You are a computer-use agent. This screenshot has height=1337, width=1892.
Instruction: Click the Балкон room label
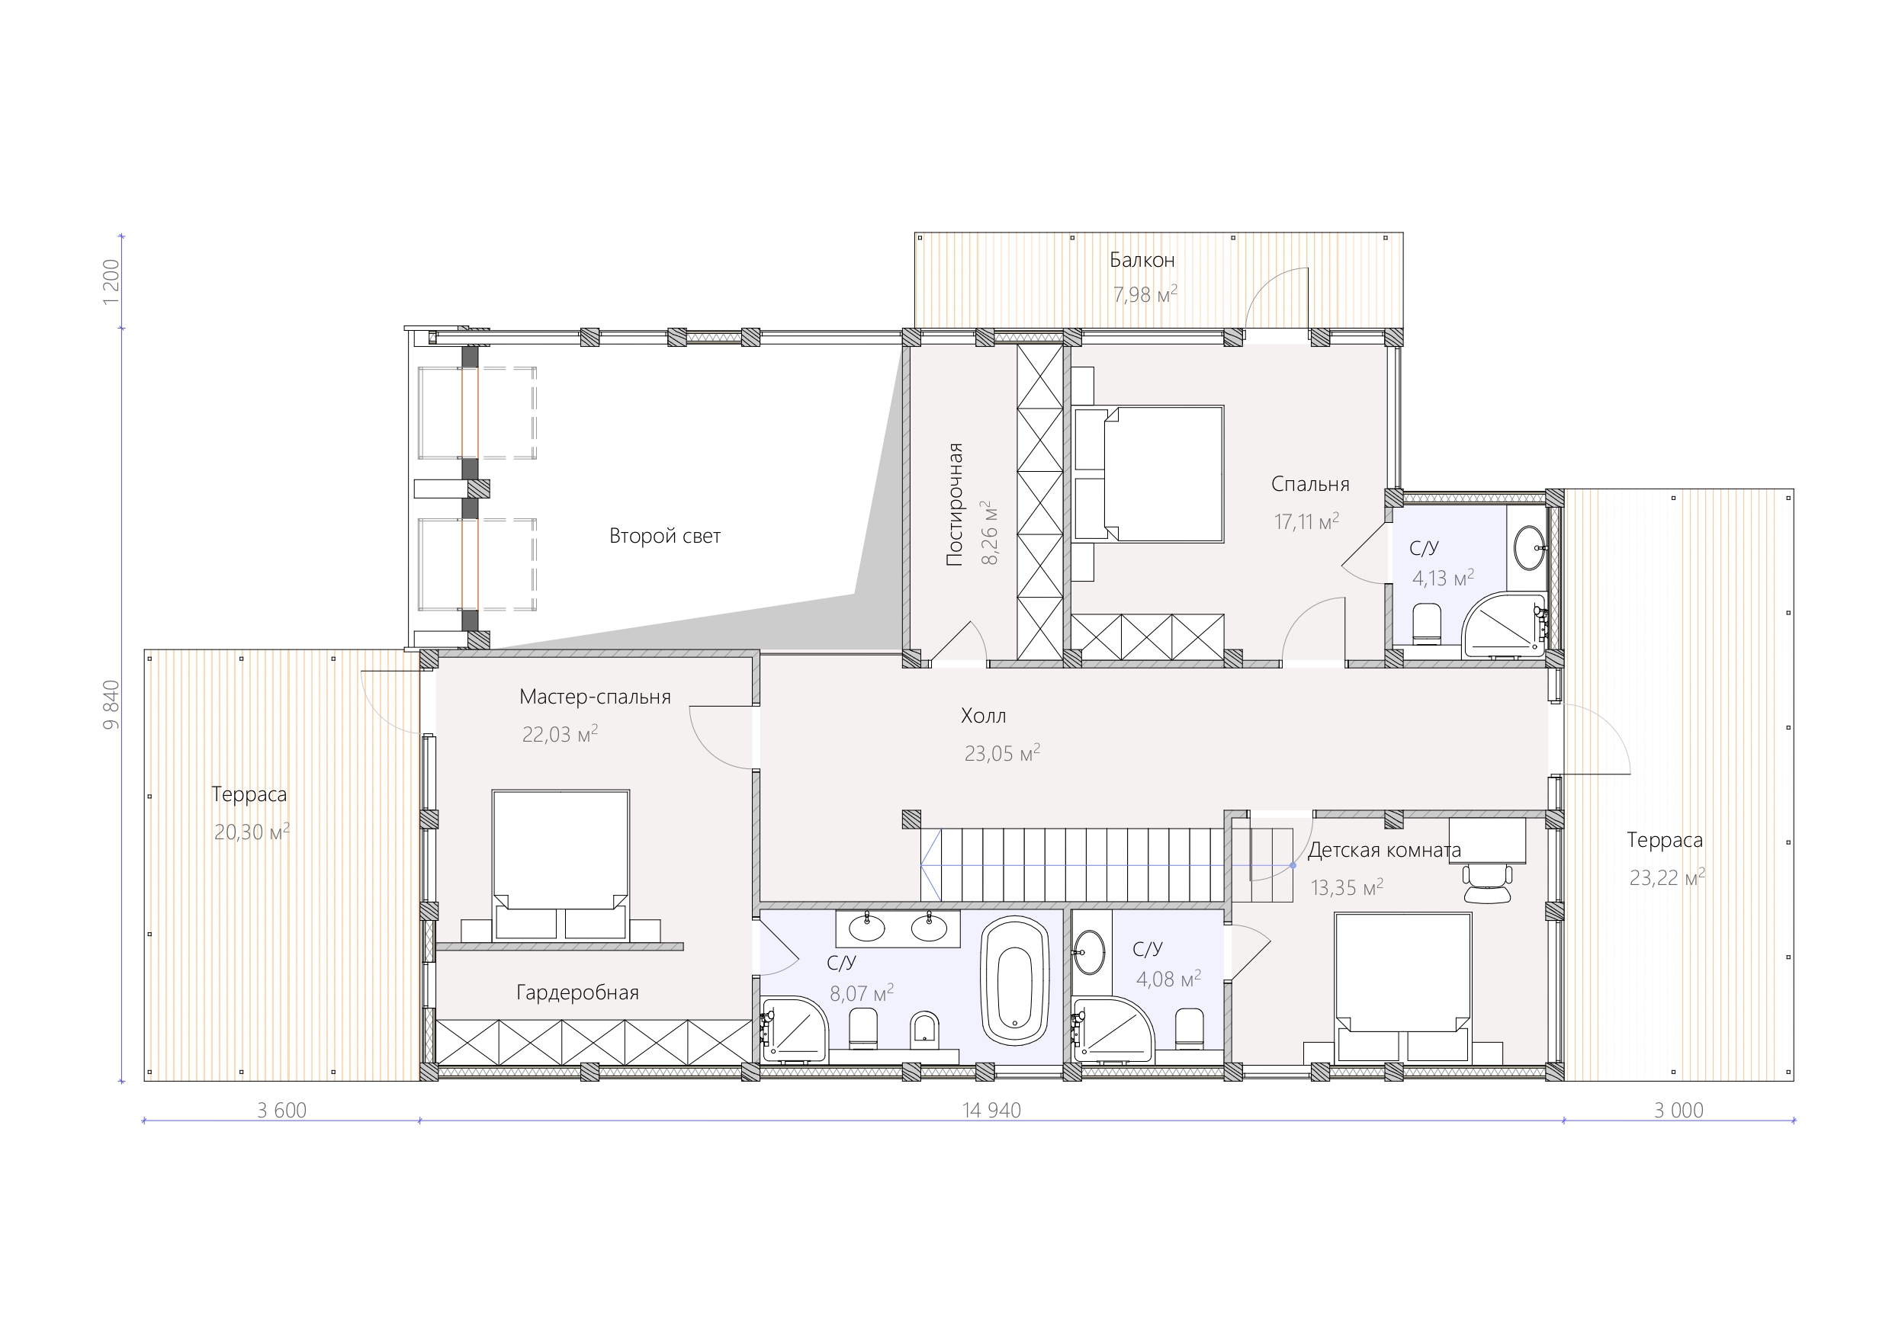pyautogui.click(x=1142, y=261)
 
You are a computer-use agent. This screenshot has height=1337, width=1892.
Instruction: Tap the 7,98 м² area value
pyautogui.click(x=1145, y=294)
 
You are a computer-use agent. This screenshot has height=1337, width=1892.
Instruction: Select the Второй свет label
pyautogui.click(x=665, y=537)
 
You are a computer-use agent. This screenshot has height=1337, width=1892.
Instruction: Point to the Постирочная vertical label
pyautogui.click(x=954, y=504)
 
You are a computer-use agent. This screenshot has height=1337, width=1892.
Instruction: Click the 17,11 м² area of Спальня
pyautogui.click(x=1306, y=521)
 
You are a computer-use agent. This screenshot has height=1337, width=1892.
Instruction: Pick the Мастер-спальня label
pyautogui.click(x=595, y=697)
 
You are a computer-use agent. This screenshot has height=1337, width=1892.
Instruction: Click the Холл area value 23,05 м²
pyautogui.click(x=1002, y=753)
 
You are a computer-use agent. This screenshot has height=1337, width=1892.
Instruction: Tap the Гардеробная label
pyautogui.click(x=577, y=992)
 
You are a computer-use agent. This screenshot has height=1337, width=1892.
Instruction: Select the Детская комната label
pyautogui.click(x=1384, y=850)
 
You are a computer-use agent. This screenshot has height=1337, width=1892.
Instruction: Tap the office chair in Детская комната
pyautogui.click(x=1487, y=883)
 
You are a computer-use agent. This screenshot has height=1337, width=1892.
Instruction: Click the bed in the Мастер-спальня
pyautogui.click(x=561, y=865)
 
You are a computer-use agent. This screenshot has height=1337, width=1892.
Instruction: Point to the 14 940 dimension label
pyautogui.click(x=991, y=1111)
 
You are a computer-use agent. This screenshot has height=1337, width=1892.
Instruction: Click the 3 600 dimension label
pyautogui.click(x=282, y=1111)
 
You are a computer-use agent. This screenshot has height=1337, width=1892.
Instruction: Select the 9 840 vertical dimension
pyautogui.click(x=111, y=705)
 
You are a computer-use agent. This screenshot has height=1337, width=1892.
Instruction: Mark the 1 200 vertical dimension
pyautogui.click(x=111, y=282)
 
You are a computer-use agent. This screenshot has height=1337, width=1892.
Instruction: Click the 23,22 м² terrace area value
pyautogui.click(x=1667, y=877)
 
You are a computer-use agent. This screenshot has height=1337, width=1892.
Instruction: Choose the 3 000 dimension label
pyautogui.click(x=1678, y=1111)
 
